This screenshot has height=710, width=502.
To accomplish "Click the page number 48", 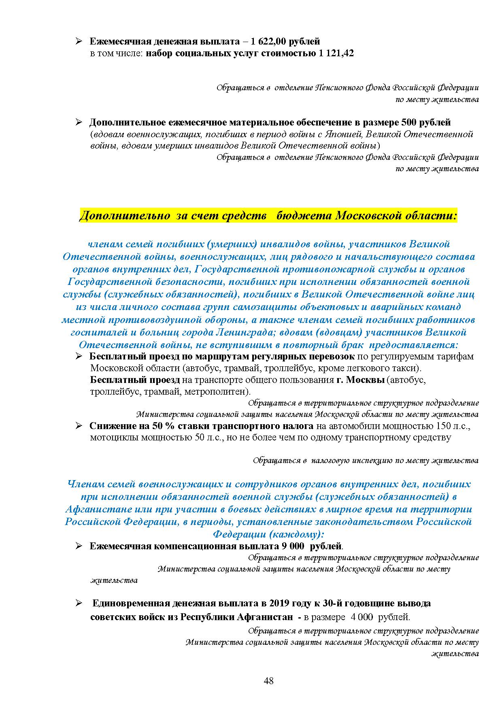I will coord(268,681).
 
